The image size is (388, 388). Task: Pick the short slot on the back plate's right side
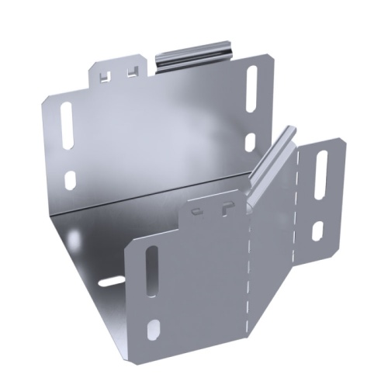[x=250, y=142]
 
